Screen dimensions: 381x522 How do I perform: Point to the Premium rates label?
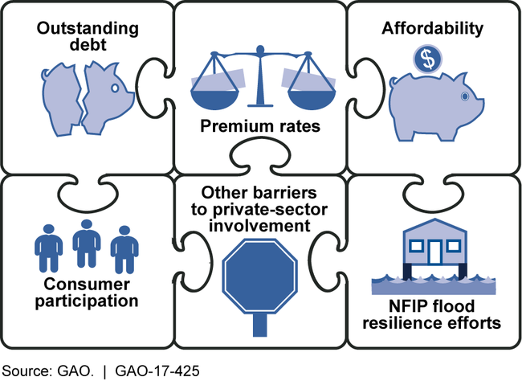(x=260, y=127)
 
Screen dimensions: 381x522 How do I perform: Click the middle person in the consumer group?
(x=85, y=243)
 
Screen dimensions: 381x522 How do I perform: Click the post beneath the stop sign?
(x=260, y=326)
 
